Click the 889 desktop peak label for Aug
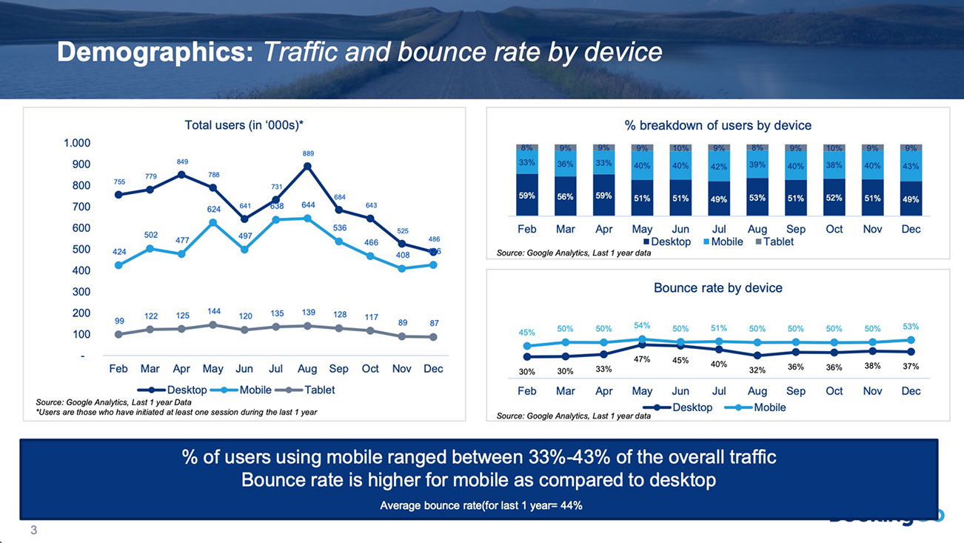point(308,153)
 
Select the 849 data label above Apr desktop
point(182,161)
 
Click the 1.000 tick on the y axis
point(78,143)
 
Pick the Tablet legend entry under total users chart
point(304,390)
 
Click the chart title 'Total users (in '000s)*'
point(244,125)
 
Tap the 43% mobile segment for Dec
point(911,165)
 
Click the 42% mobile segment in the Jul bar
point(719,167)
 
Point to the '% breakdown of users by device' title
point(717,125)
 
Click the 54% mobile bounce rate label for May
point(642,326)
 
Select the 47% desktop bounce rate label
point(642,359)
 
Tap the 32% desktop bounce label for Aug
point(757,370)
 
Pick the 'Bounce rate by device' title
point(717,287)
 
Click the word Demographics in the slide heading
point(155,52)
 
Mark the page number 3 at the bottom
point(33,530)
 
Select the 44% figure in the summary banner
point(572,506)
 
